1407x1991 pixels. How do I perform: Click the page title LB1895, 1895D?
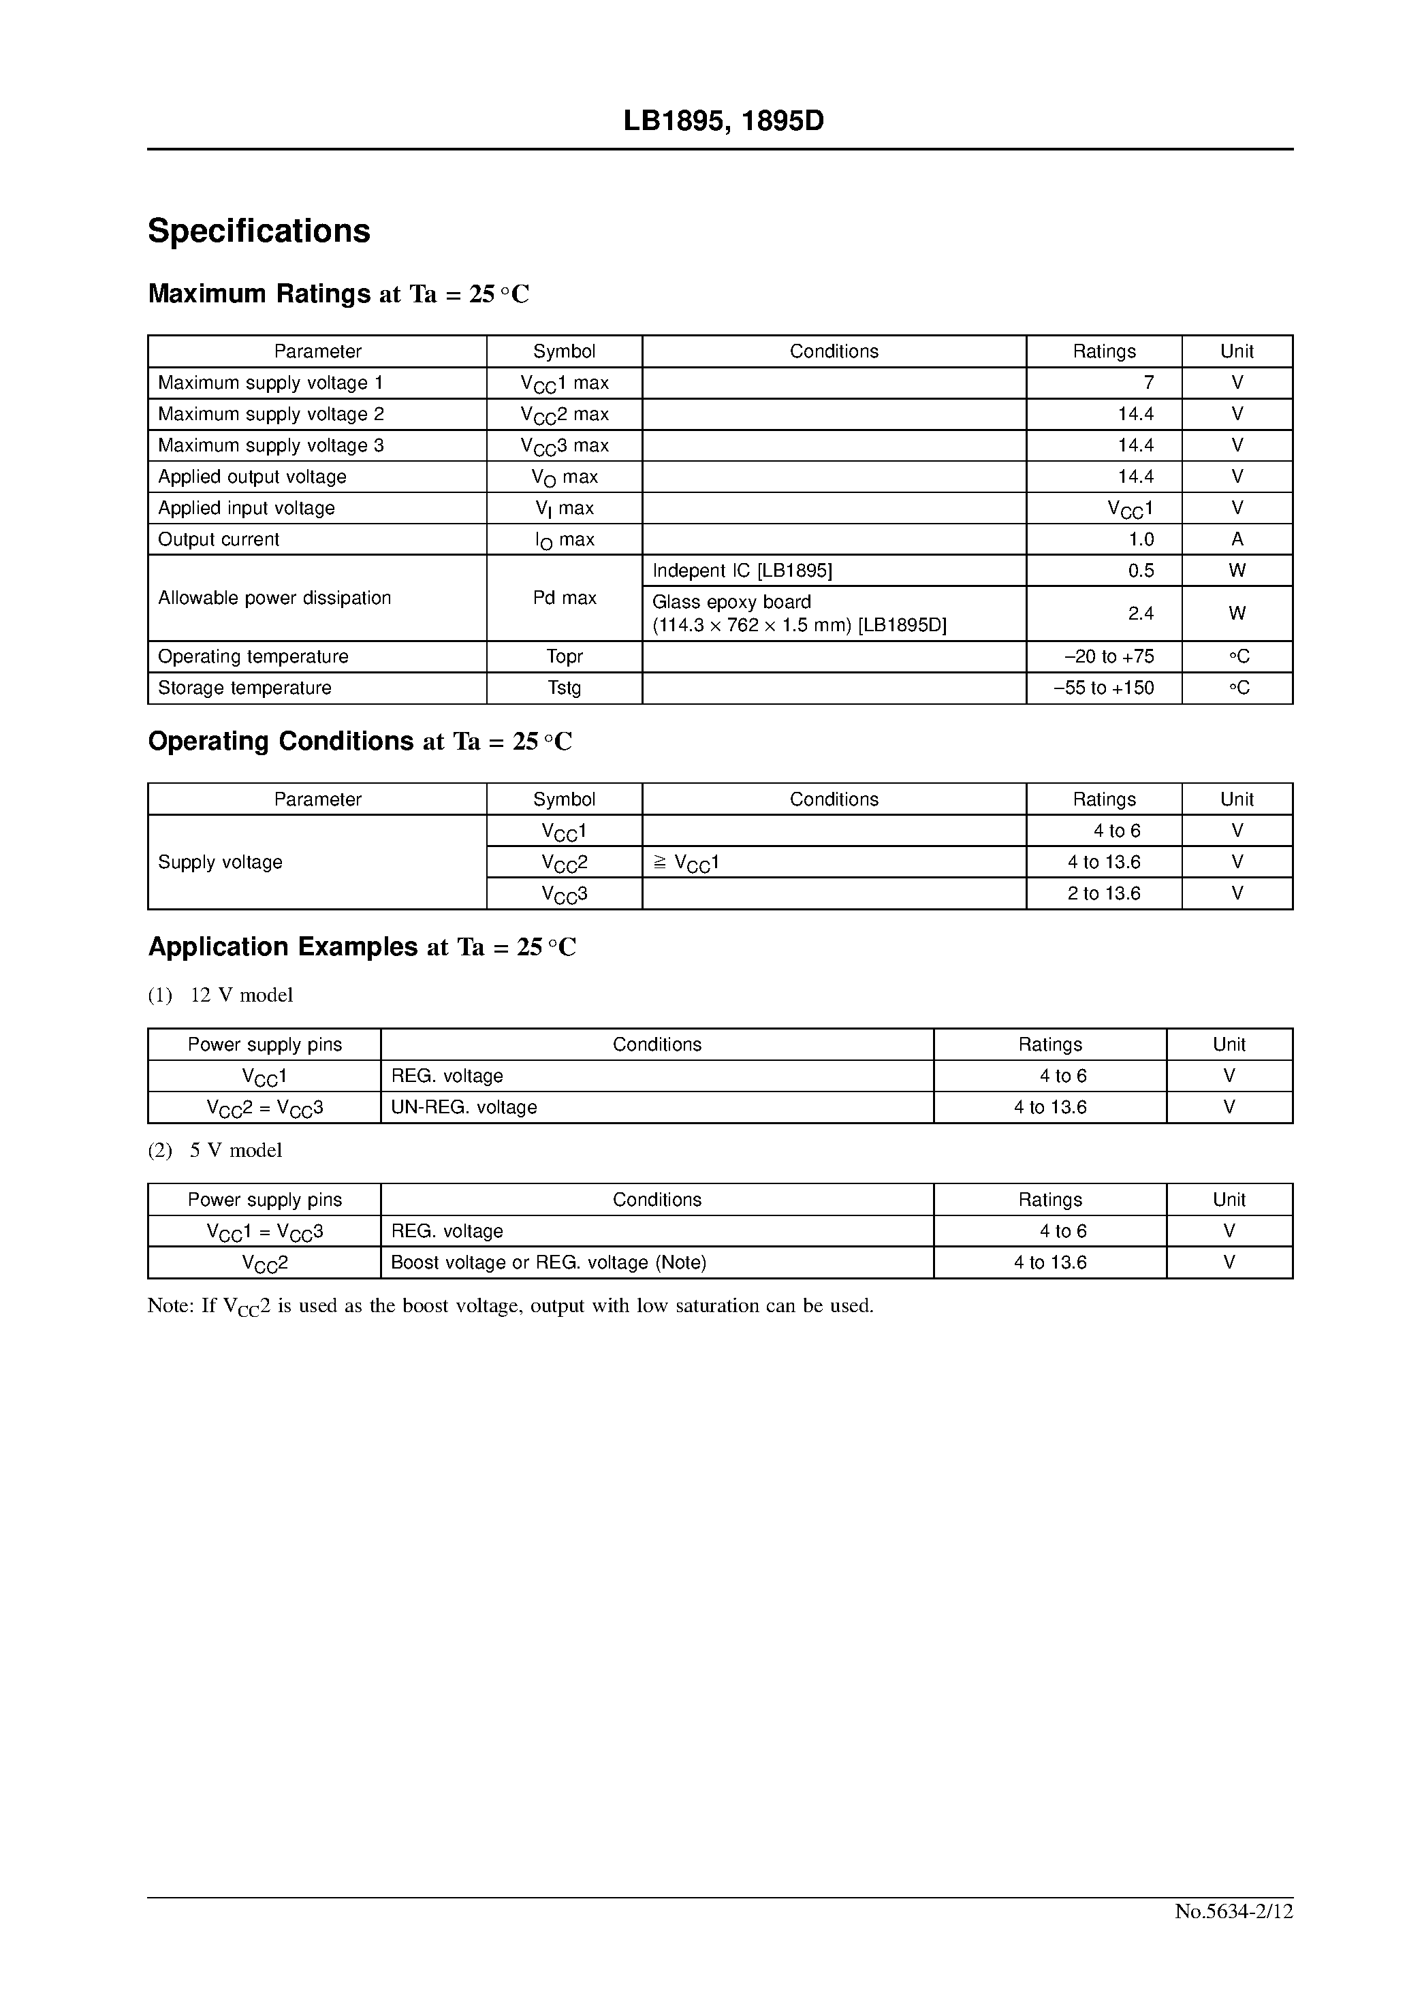[x=723, y=121]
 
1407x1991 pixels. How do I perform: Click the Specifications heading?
[x=259, y=231]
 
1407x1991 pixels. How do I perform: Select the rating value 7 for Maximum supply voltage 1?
[x=1148, y=383]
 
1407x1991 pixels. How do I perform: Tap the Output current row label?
[x=219, y=539]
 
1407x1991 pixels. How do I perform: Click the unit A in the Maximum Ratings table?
[x=1236, y=539]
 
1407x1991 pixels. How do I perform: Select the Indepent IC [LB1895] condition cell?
[x=742, y=571]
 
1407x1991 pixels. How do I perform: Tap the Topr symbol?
[x=564, y=656]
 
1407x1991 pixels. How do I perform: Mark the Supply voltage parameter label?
[x=221, y=862]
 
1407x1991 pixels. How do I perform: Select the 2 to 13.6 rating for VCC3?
[x=1103, y=893]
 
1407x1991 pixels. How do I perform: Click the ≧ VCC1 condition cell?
[x=685, y=863]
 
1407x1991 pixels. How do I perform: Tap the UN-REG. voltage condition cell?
[x=463, y=1107]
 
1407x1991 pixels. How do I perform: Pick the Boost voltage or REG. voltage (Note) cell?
[x=548, y=1262]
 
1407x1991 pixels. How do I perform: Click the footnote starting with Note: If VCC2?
[x=510, y=1306]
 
